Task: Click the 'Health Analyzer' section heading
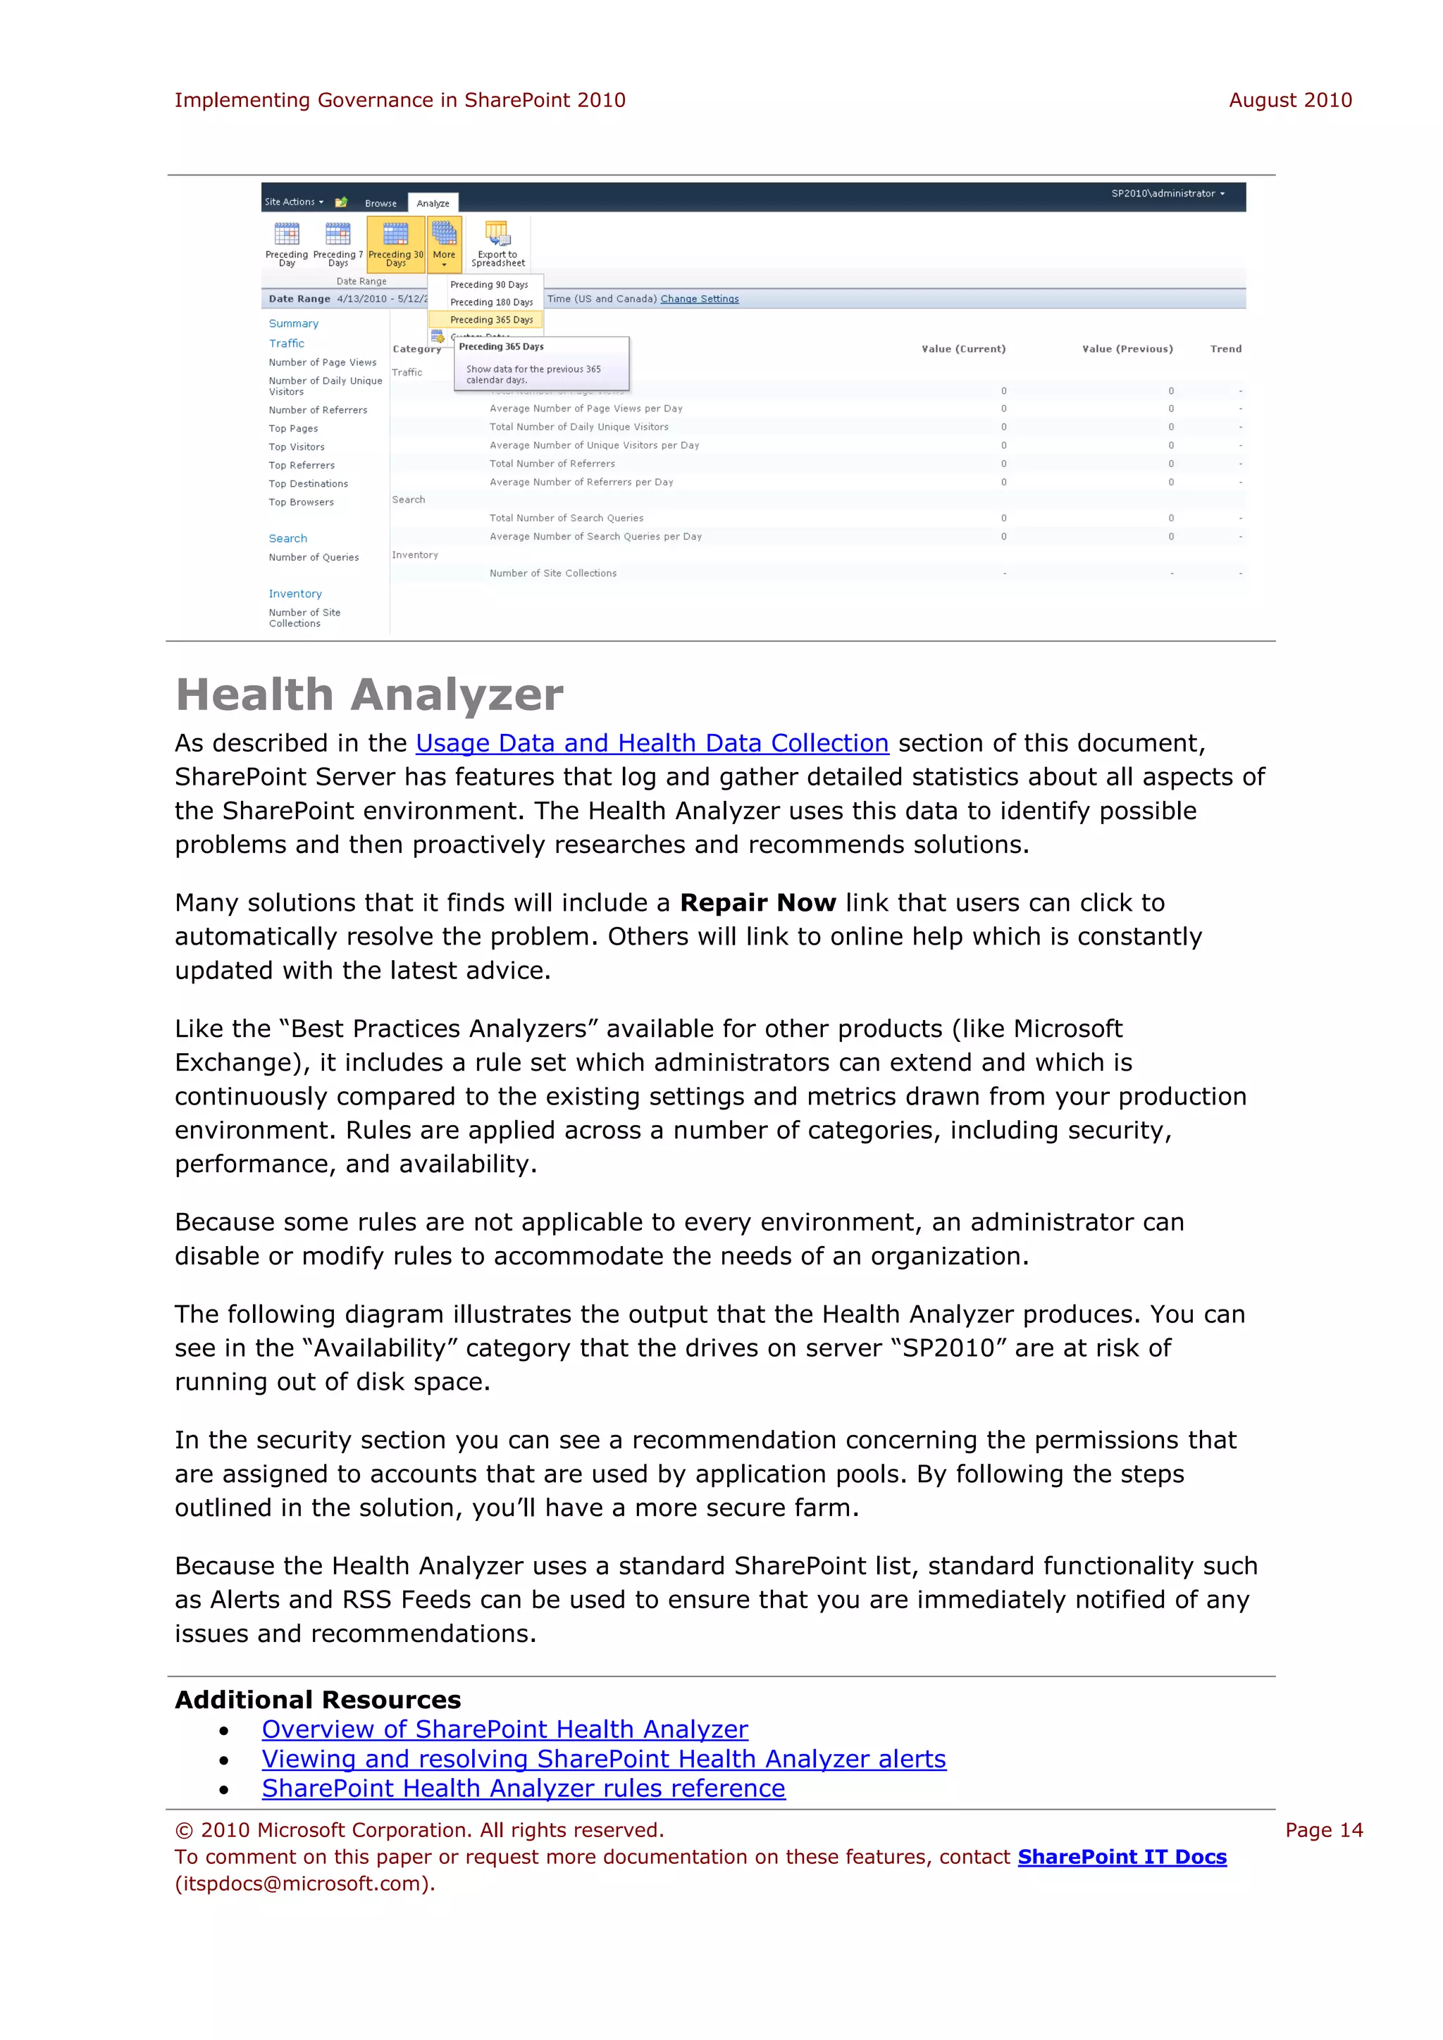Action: click(369, 695)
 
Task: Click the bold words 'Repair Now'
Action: click(757, 903)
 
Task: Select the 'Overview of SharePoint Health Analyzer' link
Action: click(504, 1729)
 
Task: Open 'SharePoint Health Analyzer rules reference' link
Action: click(524, 1788)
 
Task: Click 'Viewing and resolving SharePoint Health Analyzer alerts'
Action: click(603, 1758)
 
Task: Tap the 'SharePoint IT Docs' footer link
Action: click(1121, 1856)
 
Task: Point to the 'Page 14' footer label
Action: click(1323, 1829)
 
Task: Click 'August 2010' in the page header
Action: click(1289, 101)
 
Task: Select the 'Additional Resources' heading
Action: click(318, 1700)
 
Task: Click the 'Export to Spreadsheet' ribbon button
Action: click(497, 244)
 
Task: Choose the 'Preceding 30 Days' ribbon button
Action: click(395, 244)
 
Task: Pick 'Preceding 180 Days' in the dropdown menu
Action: click(490, 302)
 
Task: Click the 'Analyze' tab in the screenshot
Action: click(433, 204)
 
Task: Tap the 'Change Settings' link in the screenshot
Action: click(699, 299)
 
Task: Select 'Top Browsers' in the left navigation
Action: click(302, 502)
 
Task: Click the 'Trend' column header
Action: click(1225, 348)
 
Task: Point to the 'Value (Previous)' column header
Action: click(1127, 348)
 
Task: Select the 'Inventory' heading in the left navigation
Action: click(295, 594)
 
